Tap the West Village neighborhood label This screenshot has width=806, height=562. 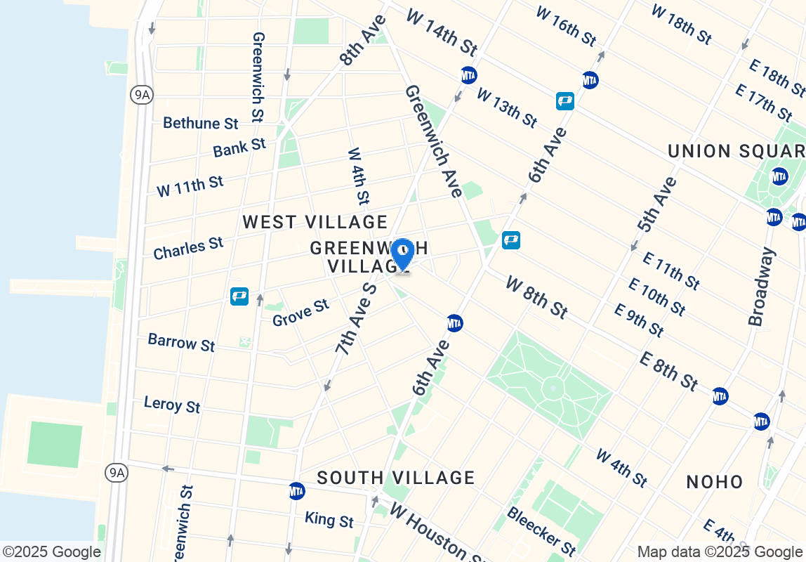315,223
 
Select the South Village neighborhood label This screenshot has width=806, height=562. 396,478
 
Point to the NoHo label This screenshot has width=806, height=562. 715,482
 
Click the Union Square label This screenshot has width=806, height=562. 736,152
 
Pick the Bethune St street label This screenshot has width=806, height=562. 201,124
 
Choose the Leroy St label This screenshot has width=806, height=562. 172,405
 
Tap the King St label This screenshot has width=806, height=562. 329,521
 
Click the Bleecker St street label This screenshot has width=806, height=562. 541,531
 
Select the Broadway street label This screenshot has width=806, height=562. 761,287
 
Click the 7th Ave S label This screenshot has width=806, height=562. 356,318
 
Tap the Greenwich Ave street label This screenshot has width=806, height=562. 433,141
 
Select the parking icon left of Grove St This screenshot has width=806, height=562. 239,296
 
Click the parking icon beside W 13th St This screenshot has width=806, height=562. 565,101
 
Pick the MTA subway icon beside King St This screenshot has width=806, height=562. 297,491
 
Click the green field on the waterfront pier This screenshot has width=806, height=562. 55,444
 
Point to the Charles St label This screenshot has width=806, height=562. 188,248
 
